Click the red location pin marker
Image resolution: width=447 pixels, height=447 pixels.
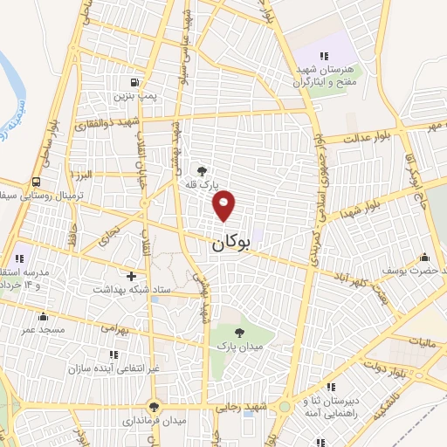coord(225,204)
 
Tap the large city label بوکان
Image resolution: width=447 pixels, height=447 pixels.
coord(230,246)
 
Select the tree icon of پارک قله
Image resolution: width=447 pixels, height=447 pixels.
coord(203,172)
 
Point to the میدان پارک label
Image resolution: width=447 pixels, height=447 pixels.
coord(234,346)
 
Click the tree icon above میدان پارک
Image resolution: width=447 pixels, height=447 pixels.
coord(238,332)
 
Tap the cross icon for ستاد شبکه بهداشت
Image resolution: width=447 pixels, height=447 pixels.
coord(131,276)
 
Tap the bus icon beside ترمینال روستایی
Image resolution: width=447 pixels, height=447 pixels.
coord(36,182)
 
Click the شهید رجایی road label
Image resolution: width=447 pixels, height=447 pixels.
coord(248,407)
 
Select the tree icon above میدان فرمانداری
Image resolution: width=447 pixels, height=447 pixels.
coord(155,406)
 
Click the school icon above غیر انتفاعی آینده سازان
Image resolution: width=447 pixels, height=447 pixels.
coord(113,354)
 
